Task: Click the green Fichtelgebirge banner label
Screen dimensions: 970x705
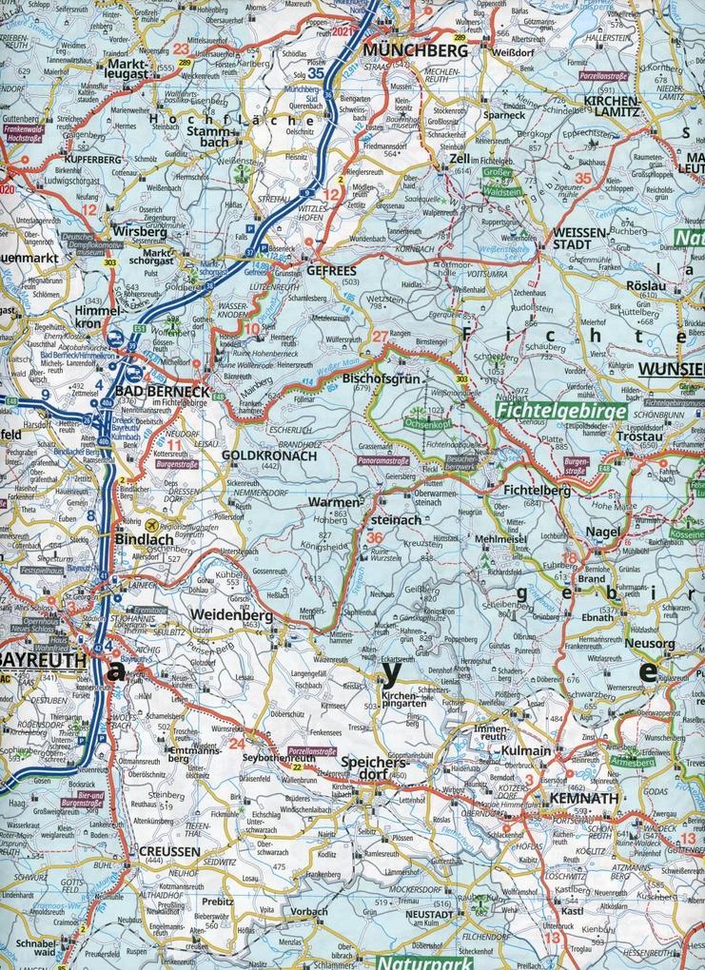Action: [560, 412]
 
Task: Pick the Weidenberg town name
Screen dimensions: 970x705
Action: [232, 614]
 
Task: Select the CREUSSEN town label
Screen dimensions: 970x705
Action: [168, 851]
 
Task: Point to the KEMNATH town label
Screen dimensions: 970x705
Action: [585, 799]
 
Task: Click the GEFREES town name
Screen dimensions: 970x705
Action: [332, 269]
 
